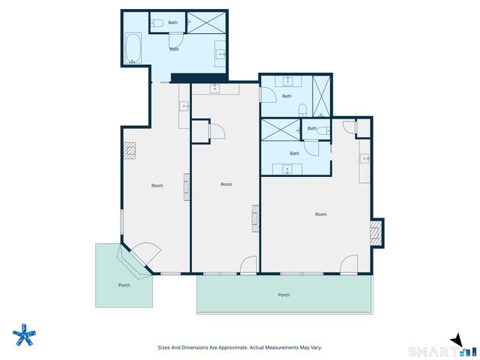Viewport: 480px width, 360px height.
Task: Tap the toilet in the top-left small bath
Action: [154, 23]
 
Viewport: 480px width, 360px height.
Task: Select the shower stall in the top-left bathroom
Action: [205, 22]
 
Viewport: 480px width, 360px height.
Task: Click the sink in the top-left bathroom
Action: [220, 53]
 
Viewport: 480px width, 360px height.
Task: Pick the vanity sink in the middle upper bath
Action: [289, 80]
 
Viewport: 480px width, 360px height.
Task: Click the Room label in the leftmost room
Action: [157, 185]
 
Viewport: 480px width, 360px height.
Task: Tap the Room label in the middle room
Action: [226, 184]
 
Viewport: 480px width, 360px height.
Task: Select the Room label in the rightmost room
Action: [320, 214]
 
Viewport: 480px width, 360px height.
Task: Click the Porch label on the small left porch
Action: [124, 285]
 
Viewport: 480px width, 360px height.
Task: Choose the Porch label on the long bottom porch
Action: [283, 295]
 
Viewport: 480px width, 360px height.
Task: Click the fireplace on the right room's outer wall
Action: [377, 234]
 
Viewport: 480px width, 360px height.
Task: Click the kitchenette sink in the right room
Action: [364, 158]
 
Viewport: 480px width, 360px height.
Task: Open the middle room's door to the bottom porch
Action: [247, 265]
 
